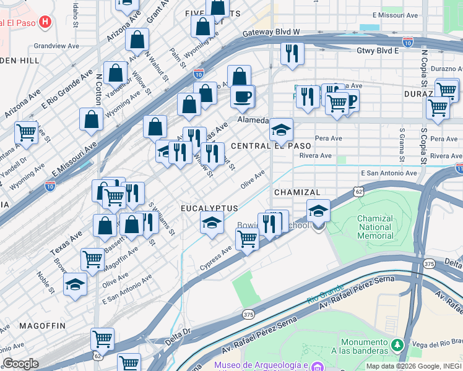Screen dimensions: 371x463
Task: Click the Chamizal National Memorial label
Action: [x=375, y=227]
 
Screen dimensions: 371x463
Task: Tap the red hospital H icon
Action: [x=45, y=23]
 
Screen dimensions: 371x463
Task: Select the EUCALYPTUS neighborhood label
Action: [x=209, y=208]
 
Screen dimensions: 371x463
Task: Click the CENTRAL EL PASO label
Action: [x=270, y=145]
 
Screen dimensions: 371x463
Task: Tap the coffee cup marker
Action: [x=242, y=96]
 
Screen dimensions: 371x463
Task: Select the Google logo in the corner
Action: [x=20, y=363]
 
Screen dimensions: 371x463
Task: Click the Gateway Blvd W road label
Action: [x=271, y=32]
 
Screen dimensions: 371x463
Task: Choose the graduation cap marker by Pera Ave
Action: [x=281, y=130]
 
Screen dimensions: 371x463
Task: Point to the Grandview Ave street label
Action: [x=56, y=46]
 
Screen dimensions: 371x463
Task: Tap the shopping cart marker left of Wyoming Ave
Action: [x=26, y=132]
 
